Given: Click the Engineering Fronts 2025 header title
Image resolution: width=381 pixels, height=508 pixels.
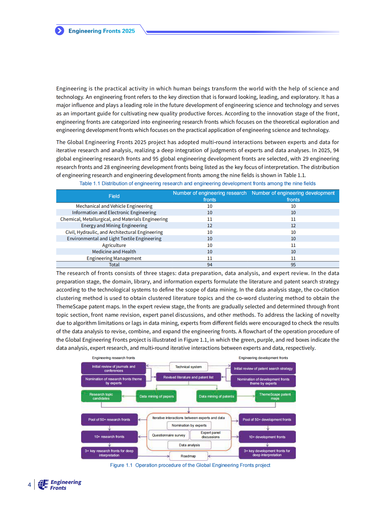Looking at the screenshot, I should pos(101,31).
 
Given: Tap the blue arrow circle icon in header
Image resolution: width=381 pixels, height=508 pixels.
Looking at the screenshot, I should pos(60,30).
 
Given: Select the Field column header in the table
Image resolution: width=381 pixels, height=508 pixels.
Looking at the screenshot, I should pos(114,196).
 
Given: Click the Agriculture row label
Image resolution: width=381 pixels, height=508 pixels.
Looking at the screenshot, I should pos(114,245).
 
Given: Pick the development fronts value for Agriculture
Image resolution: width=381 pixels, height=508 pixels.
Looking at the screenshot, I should pos(293,245).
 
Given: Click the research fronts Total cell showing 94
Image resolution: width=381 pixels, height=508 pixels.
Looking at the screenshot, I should pos(209,265).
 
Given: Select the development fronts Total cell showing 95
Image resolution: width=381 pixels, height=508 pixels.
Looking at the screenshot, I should pos(293,265).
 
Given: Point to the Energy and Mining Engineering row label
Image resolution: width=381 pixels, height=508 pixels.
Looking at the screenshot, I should pos(114,225).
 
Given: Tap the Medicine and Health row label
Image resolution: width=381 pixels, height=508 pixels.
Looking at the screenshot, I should pos(114,252).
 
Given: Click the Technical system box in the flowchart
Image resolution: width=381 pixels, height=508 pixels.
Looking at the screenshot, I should pos(188,367).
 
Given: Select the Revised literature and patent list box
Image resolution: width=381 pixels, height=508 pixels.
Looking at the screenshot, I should pos(188,377).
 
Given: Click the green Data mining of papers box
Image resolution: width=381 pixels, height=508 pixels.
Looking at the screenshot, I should pos(156,396).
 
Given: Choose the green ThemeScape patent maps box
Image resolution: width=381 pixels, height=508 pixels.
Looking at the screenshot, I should pos(275,396).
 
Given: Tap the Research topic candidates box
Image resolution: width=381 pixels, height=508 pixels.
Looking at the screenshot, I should pos(101,396).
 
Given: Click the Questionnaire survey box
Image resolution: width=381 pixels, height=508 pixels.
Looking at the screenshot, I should pos(168,435).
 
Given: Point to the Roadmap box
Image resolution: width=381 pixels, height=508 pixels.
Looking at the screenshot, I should pos(188,456).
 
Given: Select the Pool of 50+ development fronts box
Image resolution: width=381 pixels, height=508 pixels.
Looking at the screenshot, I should pos(267,420).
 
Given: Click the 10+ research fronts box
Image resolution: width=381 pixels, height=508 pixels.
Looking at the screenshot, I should pos(109,437).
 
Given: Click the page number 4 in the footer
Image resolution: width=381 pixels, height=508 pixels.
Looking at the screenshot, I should pos(29,485).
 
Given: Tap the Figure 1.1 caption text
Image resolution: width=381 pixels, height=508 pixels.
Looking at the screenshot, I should pos(190,465).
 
